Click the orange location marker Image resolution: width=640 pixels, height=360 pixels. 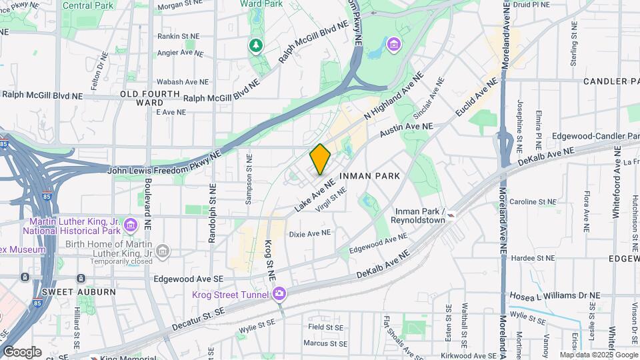coord(320,159)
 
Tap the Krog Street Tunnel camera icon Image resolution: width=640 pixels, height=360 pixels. coord(279,294)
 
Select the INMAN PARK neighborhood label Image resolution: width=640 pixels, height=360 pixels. coord(369,176)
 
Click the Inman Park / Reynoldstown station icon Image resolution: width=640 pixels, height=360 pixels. coord(452,215)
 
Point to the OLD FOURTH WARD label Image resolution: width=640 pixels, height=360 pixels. coord(150,99)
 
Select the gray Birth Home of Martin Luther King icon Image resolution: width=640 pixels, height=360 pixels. coord(162,251)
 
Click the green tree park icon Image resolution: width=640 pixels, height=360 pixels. coord(255,45)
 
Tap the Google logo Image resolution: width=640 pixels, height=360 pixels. coord(21,352)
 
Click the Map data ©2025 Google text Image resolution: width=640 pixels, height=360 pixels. coord(598,355)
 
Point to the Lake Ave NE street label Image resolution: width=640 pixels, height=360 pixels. coord(313,194)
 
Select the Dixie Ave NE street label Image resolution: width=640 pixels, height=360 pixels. coord(309,233)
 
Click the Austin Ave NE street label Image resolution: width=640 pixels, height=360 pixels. coord(406,130)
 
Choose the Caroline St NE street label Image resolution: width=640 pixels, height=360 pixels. coord(532,201)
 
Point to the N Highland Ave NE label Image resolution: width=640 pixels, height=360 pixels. coord(393,97)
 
